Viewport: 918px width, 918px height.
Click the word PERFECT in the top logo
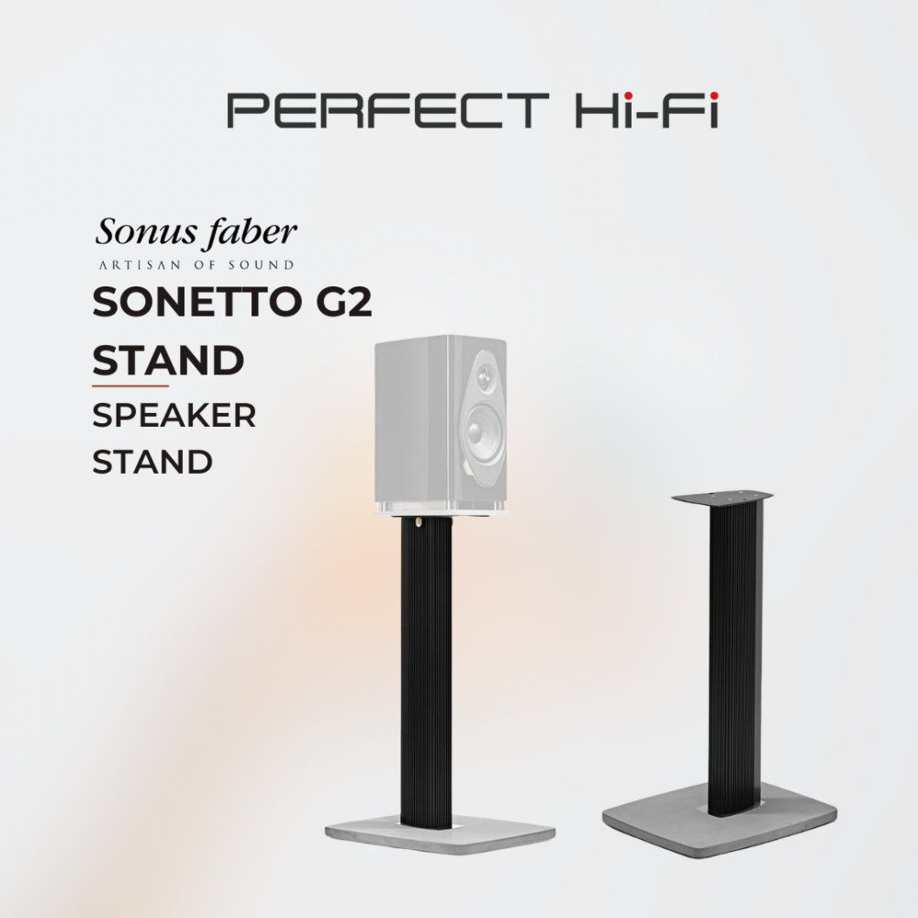coord(388,110)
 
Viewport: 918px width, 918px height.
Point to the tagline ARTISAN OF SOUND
coord(196,265)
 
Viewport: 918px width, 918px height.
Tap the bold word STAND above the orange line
coord(168,360)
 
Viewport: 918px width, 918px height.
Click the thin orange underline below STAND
coord(130,386)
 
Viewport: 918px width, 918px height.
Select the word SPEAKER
coord(174,415)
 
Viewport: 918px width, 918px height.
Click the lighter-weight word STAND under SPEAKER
coord(152,462)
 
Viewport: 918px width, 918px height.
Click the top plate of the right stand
coord(722,498)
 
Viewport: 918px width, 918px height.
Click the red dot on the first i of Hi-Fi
coord(628,95)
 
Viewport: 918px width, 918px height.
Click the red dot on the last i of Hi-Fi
coord(713,95)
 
